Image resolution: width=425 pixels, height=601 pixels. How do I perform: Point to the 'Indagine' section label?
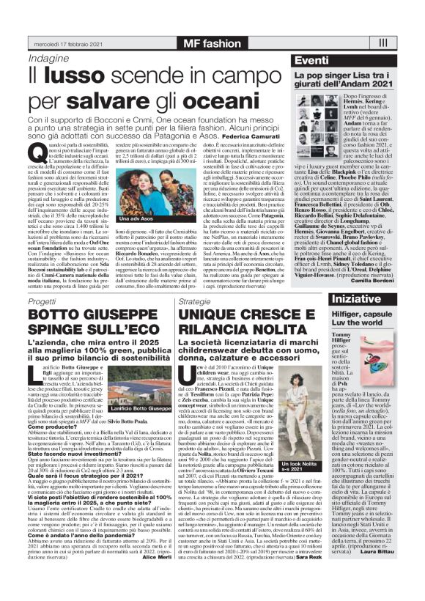(x=50, y=58)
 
